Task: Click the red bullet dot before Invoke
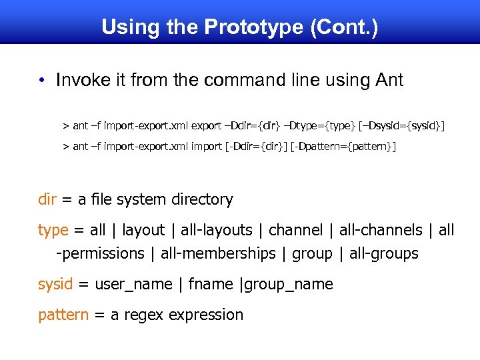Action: (x=41, y=81)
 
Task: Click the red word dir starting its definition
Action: (x=47, y=199)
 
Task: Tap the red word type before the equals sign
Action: (x=53, y=230)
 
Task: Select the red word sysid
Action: (x=55, y=284)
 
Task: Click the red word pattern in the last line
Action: (x=63, y=315)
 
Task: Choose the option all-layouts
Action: (x=217, y=230)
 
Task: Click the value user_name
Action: (x=133, y=284)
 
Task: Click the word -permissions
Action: (x=100, y=253)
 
